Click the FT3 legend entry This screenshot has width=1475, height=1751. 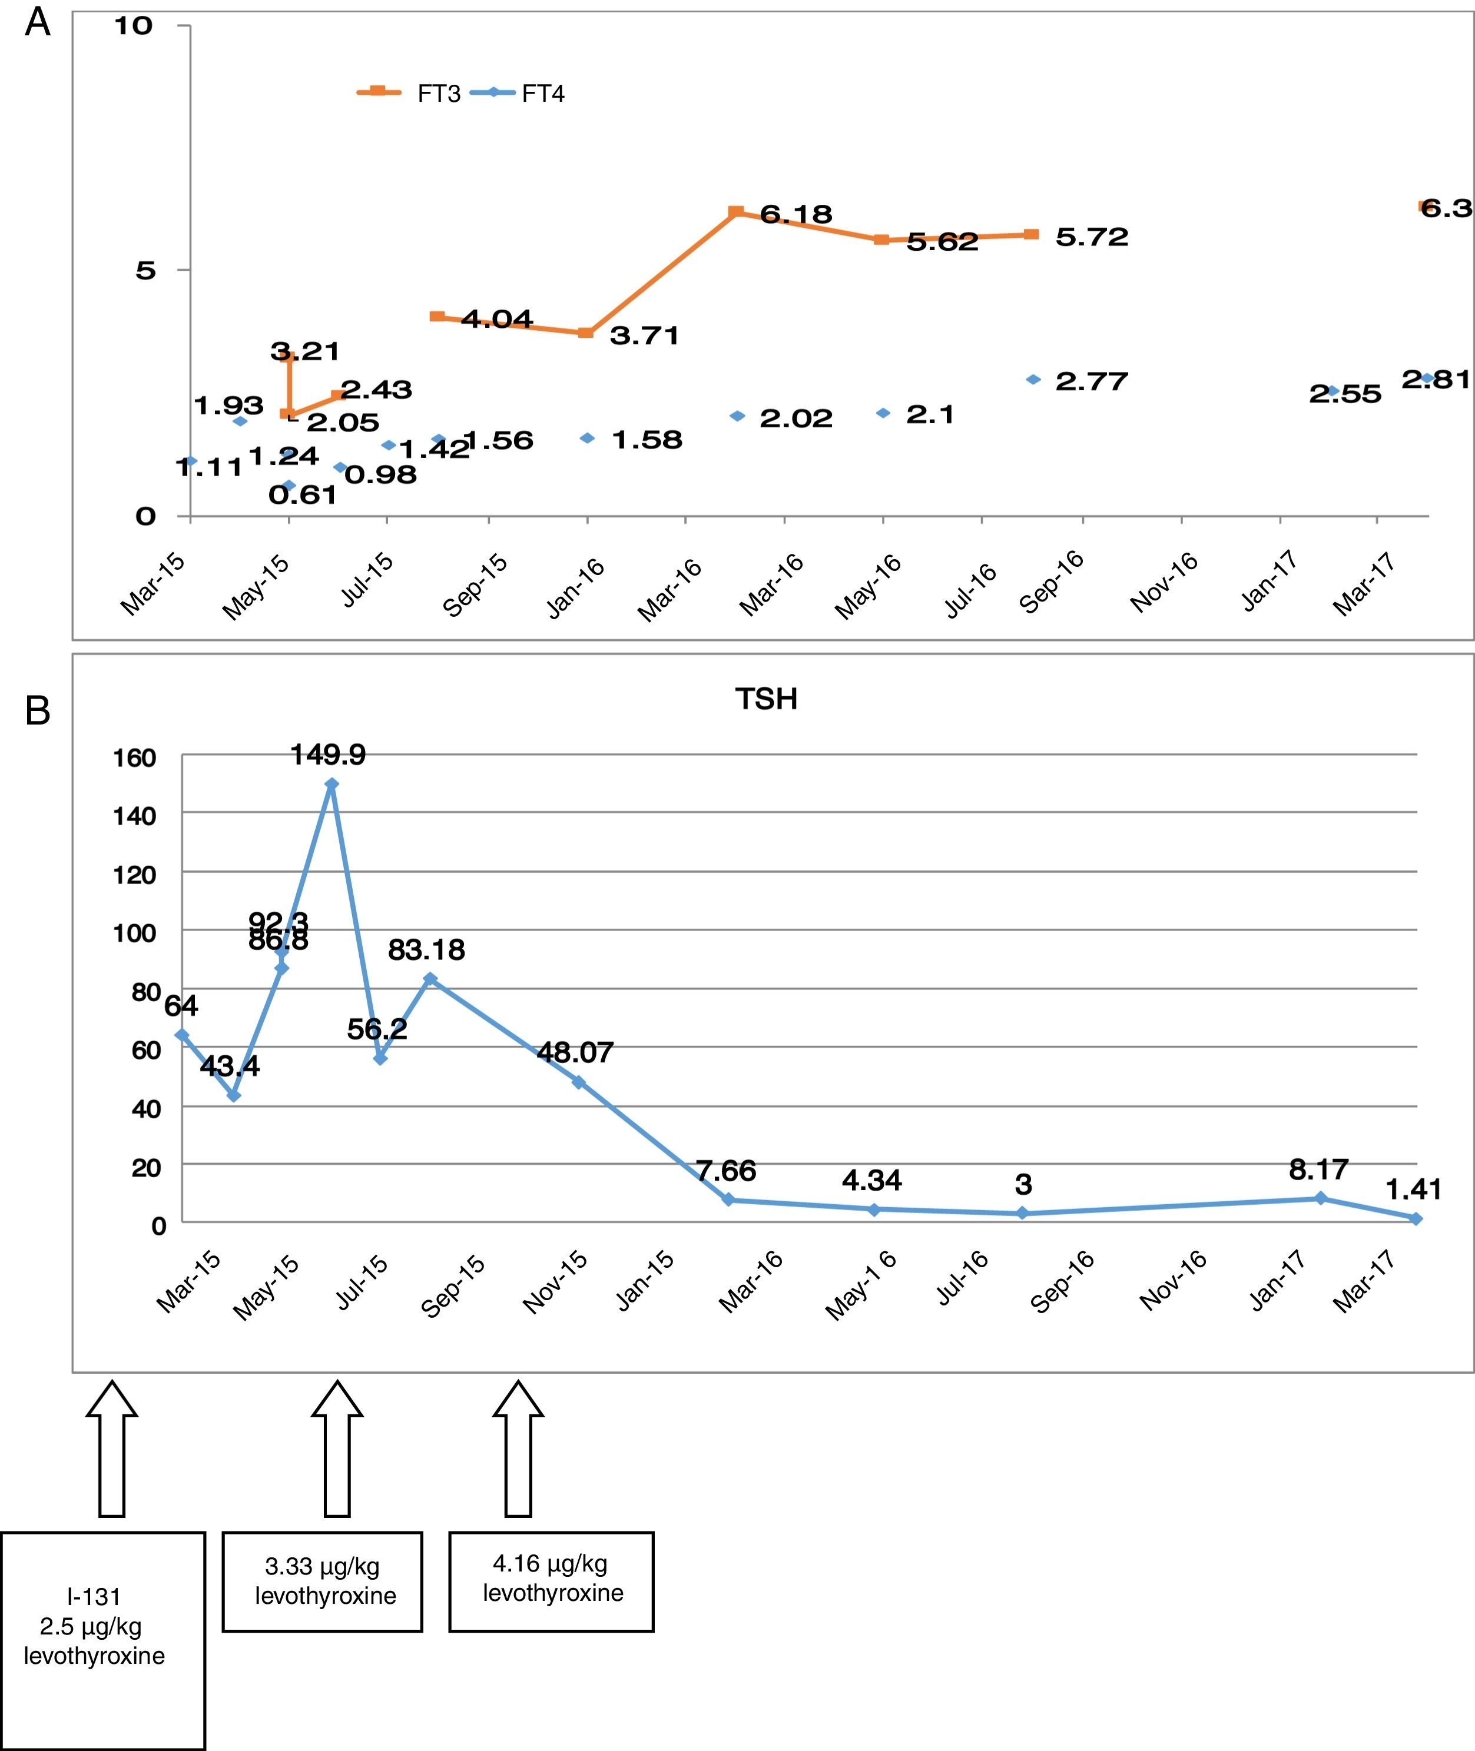410,93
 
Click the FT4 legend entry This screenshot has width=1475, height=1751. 518,93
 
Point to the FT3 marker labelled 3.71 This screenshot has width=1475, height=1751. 586,333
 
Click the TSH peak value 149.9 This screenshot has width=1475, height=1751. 328,755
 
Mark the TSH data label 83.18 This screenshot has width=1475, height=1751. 426,949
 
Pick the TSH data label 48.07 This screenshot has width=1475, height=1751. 575,1051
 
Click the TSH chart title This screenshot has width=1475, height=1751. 766,699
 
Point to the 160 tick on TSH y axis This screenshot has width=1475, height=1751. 135,758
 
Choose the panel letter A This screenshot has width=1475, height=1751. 38,22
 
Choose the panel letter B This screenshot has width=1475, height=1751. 38,710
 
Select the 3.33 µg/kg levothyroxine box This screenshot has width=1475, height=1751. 323,1580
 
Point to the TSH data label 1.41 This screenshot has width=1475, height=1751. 1413,1188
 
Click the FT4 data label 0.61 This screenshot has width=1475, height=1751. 303,496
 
